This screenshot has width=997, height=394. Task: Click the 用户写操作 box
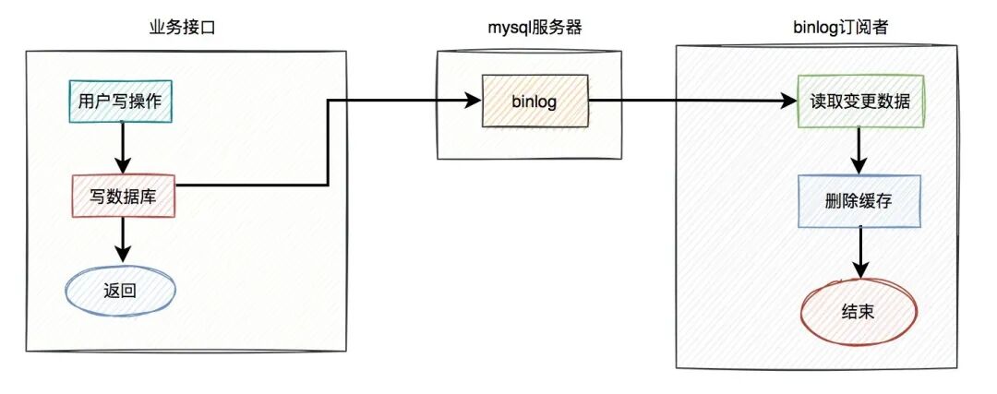pyautogui.click(x=121, y=101)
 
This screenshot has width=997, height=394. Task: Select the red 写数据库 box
pyautogui.click(x=123, y=196)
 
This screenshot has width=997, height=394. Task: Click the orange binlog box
pyautogui.click(x=534, y=101)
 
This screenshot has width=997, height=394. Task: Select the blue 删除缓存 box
pyautogui.click(x=859, y=201)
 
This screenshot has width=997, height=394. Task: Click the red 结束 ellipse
pyautogui.click(x=859, y=311)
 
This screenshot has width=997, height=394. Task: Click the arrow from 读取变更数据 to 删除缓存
pyautogui.click(x=859, y=150)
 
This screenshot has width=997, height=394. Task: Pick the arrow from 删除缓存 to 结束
pyautogui.click(x=859, y=252)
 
